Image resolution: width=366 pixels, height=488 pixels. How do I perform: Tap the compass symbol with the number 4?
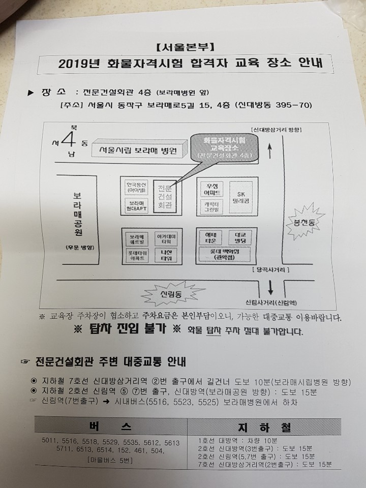(x=70, y=137)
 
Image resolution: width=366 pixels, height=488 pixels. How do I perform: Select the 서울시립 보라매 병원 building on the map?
(x=138, y=150)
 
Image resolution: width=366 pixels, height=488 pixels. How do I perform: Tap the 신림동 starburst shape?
(x=171, y=295)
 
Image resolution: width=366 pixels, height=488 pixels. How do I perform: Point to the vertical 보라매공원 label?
(x=78, y=213)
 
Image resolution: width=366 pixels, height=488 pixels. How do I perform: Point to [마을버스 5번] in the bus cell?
(x=112, y=460)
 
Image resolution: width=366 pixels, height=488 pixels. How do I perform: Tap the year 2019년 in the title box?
(x=81, y=65)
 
